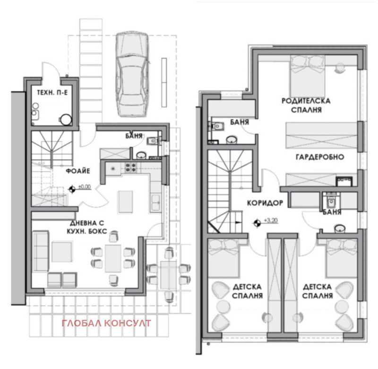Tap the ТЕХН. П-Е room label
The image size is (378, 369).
pos(52,92)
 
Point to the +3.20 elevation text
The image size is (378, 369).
pos(271,220)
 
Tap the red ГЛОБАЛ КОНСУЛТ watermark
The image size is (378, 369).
pos(106,324)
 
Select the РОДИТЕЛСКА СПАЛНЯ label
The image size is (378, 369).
pos(306,105)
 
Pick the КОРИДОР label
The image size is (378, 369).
pos(265,202)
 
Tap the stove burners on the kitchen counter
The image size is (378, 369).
pos(130,167)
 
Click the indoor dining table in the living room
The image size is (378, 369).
pos(113,258)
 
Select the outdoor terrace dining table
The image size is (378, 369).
pos(168,274)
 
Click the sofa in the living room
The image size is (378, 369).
pos(41,251)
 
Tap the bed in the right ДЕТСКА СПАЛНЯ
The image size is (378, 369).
pos(337,258)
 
